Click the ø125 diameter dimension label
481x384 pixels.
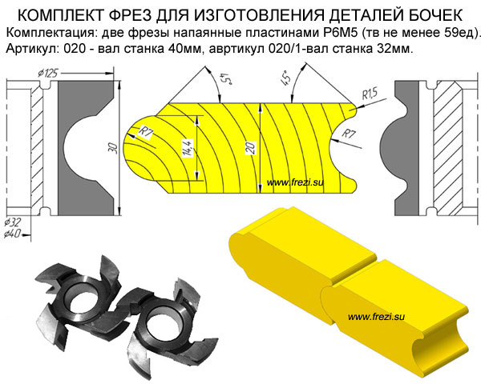pyautogui.click(x=47, y=74)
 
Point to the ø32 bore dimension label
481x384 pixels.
pyautogui.click(x=14, y=222)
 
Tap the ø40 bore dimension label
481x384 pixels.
pyautogui.click(x=13, y=234)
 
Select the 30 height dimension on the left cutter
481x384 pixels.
pyautogui.click(x=114, y=148)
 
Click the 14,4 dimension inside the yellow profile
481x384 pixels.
pyautogui.click(x=188, y=148)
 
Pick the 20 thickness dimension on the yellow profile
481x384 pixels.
pyautogui.click(x=251, y=148)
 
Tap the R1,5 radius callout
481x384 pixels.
pyautogui.click(x=370, y=94)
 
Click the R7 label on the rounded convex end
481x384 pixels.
pyautogui.click(x=146, y=133)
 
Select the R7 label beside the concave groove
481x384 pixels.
pyautogui.click(x=349, y=134)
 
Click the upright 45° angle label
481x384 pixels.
pyautogui.click(x=285, y=78)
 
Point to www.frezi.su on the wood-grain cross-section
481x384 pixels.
pyautogui.click(x=295, y=183)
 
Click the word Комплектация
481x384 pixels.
pyautogui.click(x=50, y=33)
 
